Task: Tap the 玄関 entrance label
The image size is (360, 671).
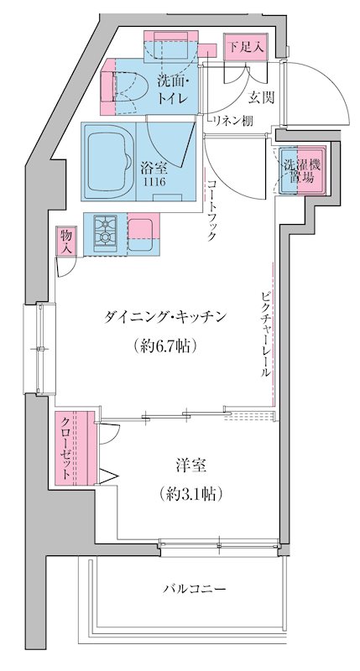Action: pos(260,97)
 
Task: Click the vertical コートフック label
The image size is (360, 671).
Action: pos(212,211)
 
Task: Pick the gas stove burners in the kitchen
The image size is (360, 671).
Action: pos(106,231)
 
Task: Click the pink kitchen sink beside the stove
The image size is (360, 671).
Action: pos(139,228)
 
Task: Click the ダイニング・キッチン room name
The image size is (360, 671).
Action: pos(165,316)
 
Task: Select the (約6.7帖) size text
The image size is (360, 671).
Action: pos(165,345)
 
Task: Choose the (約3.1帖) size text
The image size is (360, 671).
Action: pos(190,493)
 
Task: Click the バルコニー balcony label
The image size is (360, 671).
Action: pos(194,590)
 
